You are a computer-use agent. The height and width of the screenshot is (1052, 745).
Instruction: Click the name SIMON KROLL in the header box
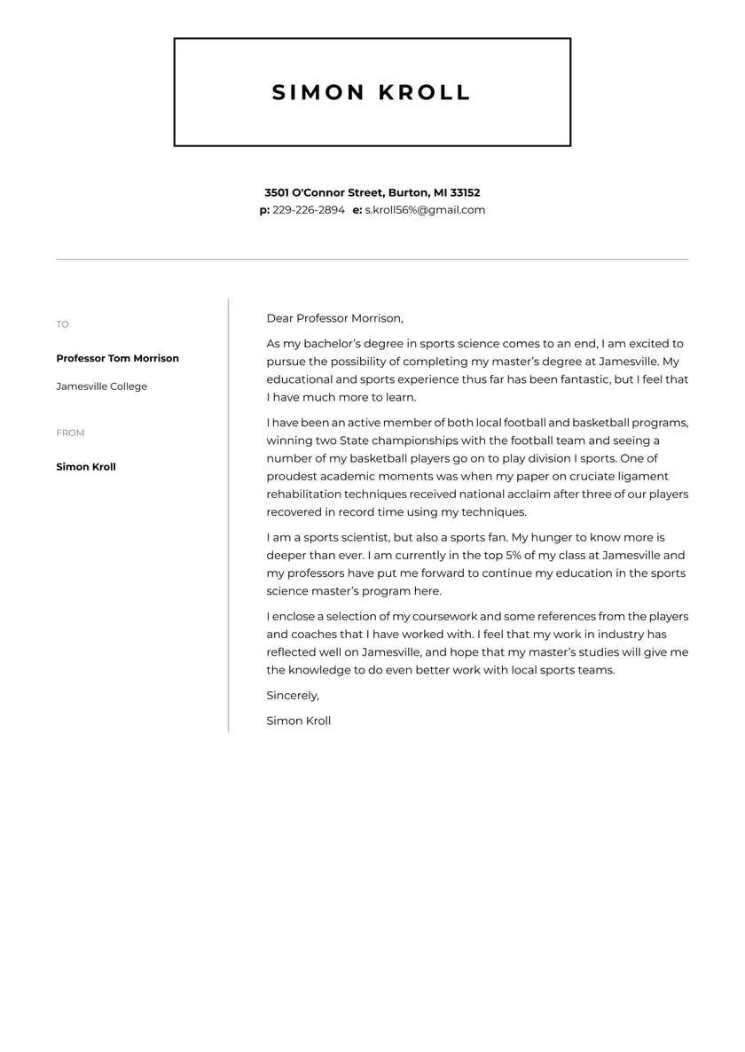point(371,92)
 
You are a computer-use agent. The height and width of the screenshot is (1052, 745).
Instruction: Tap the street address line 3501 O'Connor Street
point(372,192)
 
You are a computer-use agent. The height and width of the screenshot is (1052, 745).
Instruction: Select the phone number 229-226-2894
point(309,210)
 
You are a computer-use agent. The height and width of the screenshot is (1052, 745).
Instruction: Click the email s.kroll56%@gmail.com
point(425,210)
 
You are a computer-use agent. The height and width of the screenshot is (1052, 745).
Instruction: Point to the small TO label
point(62,324)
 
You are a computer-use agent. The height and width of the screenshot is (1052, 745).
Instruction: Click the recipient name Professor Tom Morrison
point(117,358)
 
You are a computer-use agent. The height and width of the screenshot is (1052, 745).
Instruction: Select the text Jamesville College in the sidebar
point(101,386)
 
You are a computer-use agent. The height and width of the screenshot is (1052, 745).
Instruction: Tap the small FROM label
point(70,432)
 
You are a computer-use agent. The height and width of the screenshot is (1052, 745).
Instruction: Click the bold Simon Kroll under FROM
point(86,467)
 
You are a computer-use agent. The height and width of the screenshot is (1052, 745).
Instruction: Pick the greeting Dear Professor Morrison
point(334,318)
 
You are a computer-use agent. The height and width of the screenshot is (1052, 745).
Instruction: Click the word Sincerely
point(293,695)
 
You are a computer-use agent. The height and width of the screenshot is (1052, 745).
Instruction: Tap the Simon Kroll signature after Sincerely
point(298,721)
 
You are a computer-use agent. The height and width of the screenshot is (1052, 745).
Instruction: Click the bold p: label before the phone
point(264,210)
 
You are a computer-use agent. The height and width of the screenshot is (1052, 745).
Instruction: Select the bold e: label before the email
point(357,210)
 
